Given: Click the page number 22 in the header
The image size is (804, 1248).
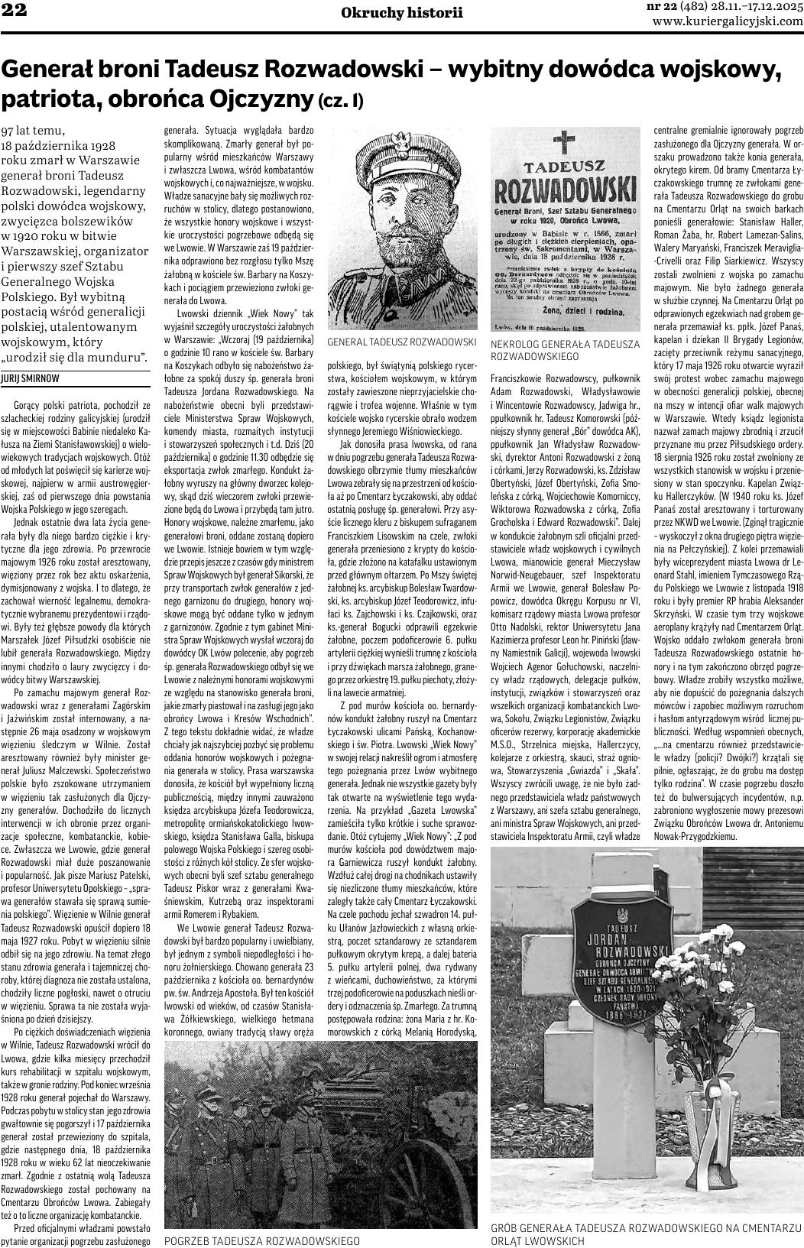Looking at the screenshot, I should pyautogui.click(x=14, y=11).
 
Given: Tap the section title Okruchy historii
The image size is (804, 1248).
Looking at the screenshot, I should pyautogui.click(x=402, y=12).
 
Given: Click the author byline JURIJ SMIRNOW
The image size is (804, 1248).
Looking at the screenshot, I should pyautogui.click(x=30, y=378).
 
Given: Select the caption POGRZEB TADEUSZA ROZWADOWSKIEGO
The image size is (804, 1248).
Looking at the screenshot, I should pyautogui.click(x=262, y=1240).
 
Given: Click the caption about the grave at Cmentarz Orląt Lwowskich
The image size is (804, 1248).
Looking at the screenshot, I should pyautogui.click(x=646, y=1233).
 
